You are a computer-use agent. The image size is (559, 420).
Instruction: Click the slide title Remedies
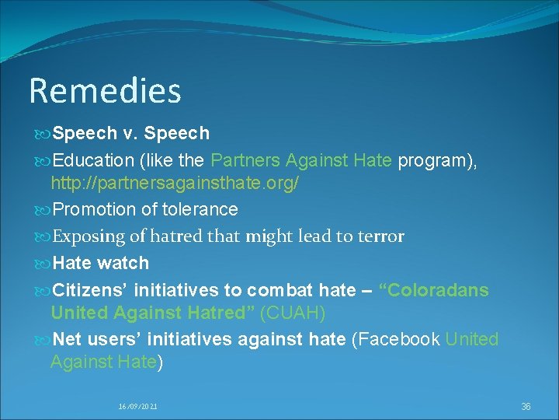click(x=105, y=91)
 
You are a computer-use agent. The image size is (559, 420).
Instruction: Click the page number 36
click(x=526, y=407)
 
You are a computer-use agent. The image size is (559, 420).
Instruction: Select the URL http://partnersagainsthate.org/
click(x=175, y=184)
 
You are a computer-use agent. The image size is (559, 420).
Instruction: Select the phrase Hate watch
click(x=100, y=264)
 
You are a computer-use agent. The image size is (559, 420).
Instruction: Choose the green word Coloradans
click(x=433, y=291)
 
